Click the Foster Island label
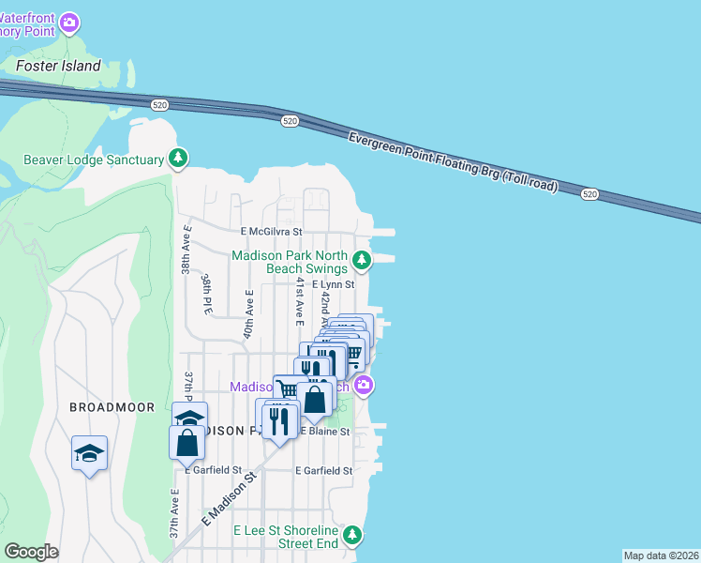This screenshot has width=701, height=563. pos(58,66)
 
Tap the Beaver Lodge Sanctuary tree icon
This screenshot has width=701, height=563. pos(178,160)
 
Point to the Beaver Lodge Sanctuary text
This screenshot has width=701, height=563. pos(95,160)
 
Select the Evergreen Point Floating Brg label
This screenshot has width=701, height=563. pos(453,162)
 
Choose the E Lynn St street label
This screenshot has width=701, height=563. pos(326,284)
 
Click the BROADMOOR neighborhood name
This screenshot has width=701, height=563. pos(105,407)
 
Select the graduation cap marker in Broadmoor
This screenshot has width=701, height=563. pos(89,453)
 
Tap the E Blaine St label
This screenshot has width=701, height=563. pos(324,432)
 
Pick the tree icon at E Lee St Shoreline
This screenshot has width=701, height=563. pos(351,535)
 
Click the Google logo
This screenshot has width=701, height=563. pos(32,551)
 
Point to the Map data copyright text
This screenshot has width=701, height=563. pos(661,555)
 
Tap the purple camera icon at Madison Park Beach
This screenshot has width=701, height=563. pos(365,385)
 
